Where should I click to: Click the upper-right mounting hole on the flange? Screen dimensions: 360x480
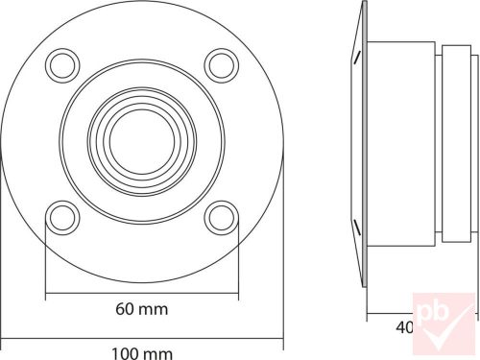[222, 64]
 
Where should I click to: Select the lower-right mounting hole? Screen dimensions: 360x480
[222, 218]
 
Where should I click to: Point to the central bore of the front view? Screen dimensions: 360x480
[142, 141]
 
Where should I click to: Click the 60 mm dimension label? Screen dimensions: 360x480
[142, 309]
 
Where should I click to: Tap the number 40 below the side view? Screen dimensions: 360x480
[405, 328]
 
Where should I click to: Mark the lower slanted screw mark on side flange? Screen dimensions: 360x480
[357, 227]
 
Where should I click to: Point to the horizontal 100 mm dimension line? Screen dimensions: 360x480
[142, 337]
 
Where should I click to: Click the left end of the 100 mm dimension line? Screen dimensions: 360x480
[2, 337]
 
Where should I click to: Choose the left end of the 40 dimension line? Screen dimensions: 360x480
[365, 313]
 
